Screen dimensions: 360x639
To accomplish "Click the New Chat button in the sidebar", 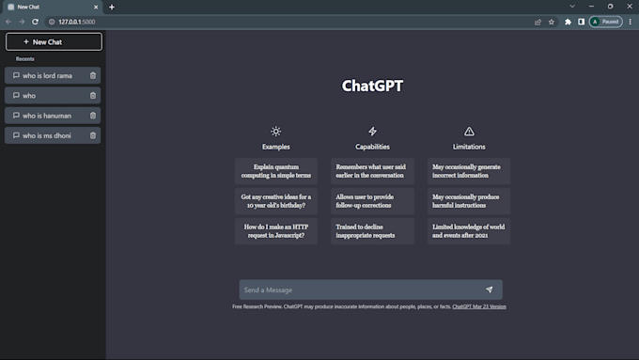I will point(54,41).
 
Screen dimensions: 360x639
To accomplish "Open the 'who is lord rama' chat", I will point(47,75).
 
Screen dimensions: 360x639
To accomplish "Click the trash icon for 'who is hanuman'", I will point(93,116).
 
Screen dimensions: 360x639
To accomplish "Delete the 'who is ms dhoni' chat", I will point(93,135).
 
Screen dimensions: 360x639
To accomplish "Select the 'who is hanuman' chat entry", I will point(47,116).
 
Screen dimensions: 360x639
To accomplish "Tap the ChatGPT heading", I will point(372,86).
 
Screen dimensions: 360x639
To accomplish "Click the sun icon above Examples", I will point(275,132).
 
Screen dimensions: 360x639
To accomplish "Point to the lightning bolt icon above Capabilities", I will point(372,132).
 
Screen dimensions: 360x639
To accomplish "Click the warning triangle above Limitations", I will point(469,132).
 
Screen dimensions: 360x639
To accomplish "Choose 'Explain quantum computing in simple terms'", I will point(275,171).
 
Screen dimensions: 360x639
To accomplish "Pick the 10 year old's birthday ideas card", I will point(275,200).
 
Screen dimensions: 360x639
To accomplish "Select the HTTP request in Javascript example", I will point(275,230).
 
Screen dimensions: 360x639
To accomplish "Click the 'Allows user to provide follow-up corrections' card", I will point(372,200).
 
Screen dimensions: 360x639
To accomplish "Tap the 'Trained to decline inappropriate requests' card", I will point(372,230).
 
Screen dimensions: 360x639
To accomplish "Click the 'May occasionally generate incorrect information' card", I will point(469,171).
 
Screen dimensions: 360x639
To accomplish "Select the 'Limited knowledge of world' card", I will point(469,230).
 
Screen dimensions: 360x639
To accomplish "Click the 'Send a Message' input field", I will point(357,290).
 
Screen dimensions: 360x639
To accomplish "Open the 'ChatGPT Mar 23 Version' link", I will point(479,306).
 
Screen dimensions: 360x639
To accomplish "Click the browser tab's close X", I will point(96,7).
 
